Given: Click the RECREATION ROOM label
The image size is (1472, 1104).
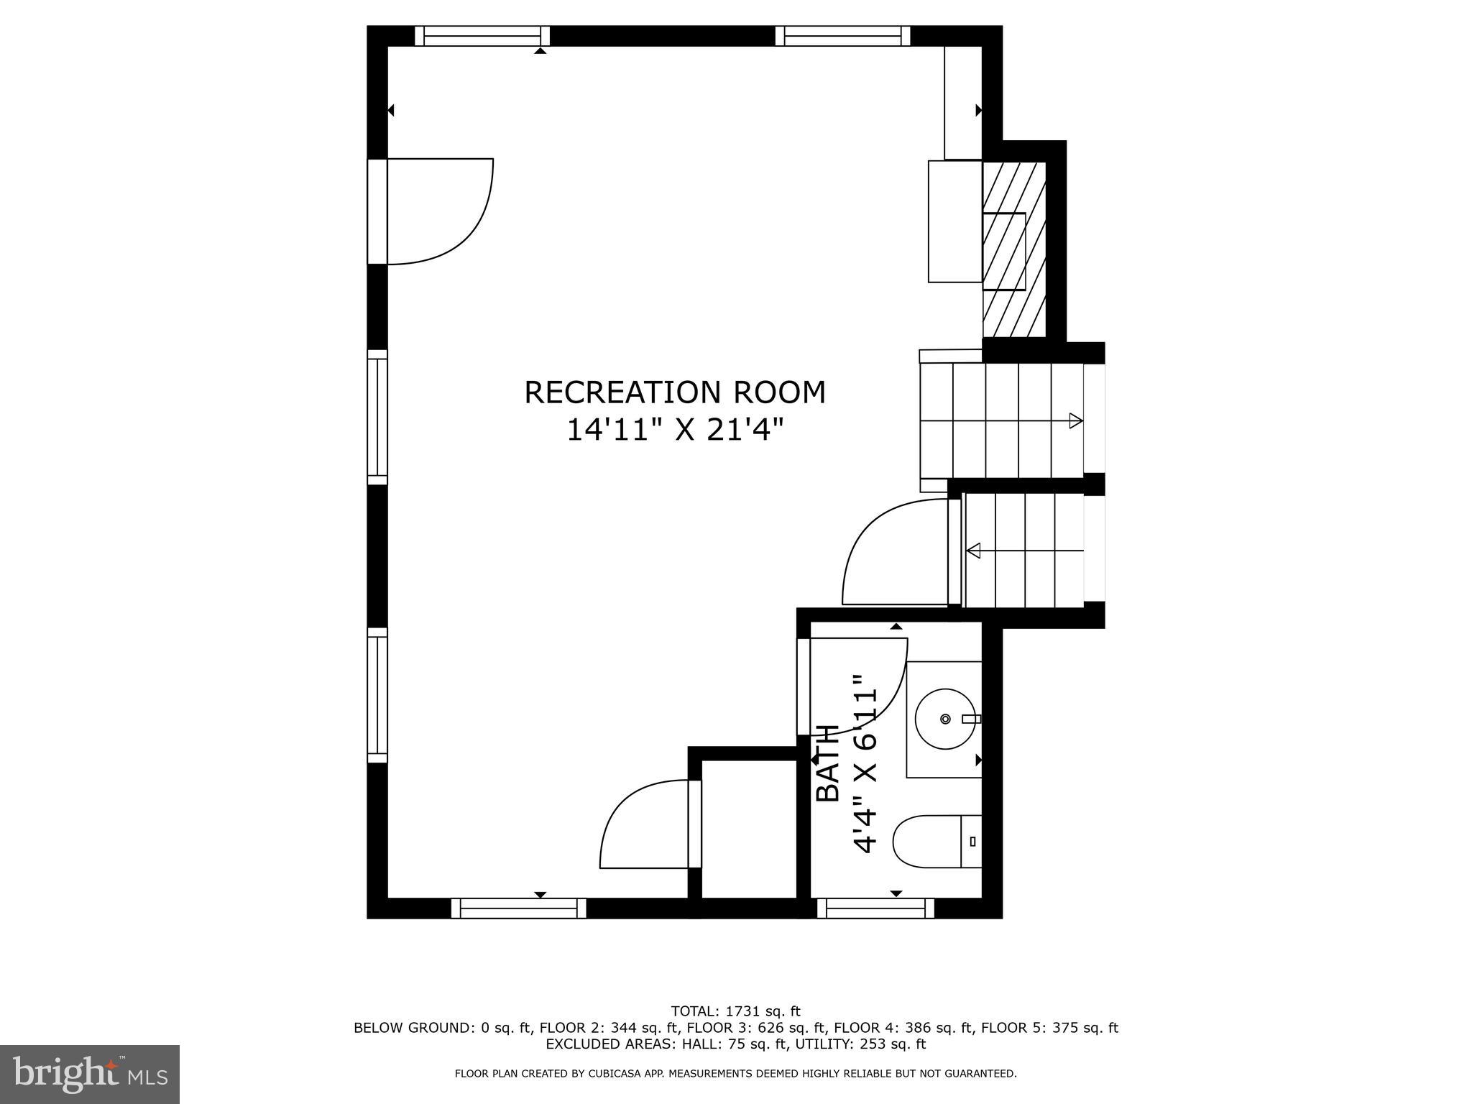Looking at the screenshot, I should [675, 392].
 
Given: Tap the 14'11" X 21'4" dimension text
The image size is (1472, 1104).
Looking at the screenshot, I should [675, 431].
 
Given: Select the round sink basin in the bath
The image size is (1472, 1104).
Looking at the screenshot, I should [945, 719].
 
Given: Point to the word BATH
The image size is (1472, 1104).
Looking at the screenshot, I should [829, 763].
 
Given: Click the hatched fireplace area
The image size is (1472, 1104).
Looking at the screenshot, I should [1014, 249].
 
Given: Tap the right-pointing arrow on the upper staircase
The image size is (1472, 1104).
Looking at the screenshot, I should [1075, 420].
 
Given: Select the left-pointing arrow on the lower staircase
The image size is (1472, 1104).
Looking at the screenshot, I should [975, 551].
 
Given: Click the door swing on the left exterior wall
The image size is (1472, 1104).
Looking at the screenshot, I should [438, 211].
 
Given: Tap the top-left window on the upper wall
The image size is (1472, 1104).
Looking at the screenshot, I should [482, 36].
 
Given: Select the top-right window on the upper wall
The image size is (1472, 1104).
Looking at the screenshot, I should [842, 36].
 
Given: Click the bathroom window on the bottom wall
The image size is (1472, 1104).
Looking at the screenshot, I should [875, 909].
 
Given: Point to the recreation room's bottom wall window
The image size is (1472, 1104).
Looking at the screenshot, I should [519, 909].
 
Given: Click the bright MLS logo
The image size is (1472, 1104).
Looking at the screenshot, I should [90, 1074].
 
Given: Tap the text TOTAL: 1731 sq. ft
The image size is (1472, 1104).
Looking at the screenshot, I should [735, 1011].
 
